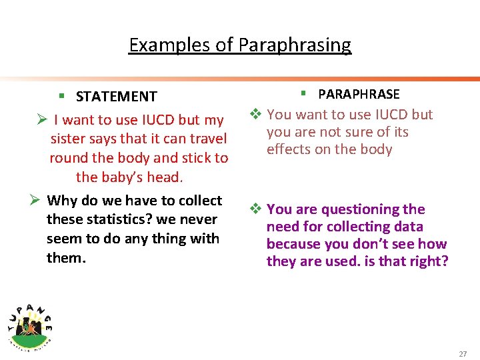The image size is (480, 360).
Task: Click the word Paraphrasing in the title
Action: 295,45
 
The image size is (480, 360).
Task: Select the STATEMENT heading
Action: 117,97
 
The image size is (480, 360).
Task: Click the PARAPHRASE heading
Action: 359,95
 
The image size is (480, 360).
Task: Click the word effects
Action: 288,149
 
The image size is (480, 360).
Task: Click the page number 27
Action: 463,353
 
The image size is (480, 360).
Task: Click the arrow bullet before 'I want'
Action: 41,121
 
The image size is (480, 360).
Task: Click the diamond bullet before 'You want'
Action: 255,115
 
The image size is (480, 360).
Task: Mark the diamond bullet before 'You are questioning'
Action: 255,209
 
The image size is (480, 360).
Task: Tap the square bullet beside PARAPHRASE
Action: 303,94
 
